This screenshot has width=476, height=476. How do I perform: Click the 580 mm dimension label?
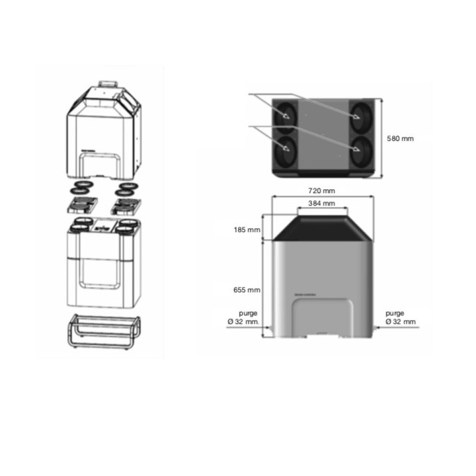coord(400,139)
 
